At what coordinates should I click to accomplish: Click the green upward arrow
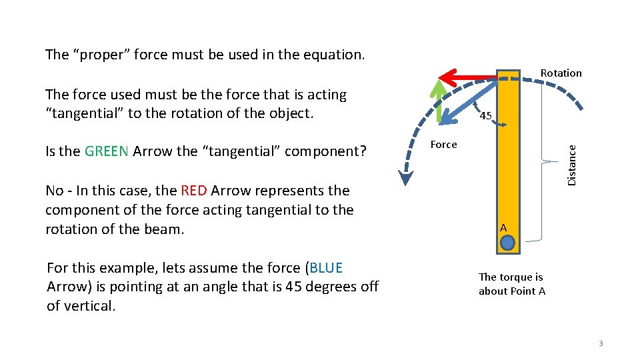click(438, 103)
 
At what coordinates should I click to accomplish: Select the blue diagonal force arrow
click(467, 103)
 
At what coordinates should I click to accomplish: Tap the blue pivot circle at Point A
click(507, 243)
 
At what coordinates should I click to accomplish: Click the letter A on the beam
click(503, 228)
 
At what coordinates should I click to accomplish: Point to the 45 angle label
click(486, 116)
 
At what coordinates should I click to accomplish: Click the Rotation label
click(561, 73)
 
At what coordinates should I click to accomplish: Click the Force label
click(443, 145)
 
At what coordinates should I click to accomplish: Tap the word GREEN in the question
click(107, 151)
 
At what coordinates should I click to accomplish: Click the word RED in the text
click(193, 191)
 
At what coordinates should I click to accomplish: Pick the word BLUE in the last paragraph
click(325, 268)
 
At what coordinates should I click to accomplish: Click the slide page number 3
click(600, 343)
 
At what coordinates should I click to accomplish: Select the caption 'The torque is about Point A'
click(511, 284)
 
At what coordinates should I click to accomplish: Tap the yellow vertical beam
click(508, 167)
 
